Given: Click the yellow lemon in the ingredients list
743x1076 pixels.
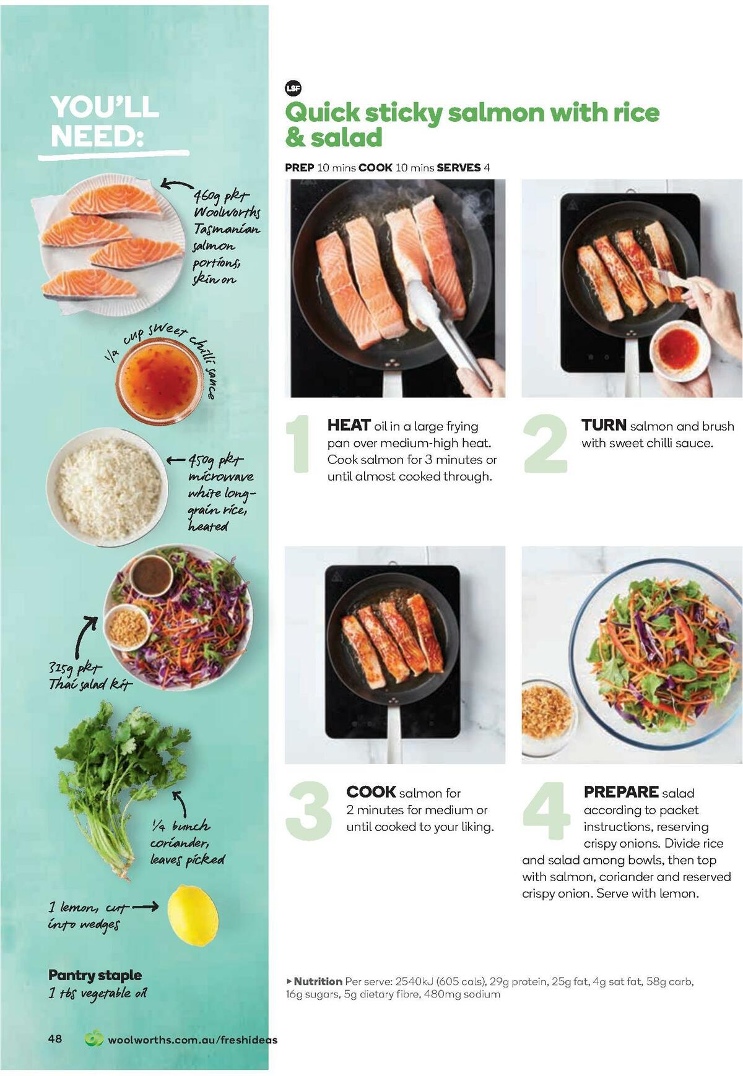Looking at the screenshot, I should [193, 915].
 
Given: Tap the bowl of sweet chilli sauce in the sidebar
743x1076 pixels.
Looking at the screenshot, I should [160, 380].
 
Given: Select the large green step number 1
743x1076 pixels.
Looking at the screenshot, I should [300, 444].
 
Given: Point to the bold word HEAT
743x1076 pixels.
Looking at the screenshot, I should [349, 425].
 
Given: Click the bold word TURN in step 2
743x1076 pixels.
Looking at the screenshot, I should [603, 425].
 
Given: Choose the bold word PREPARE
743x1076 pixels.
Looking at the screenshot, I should [620, 792].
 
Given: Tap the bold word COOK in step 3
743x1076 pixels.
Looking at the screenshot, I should [370, 792].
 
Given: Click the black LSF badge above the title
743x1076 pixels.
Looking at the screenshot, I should [293, 88].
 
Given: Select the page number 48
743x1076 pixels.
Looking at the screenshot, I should [55, 1038].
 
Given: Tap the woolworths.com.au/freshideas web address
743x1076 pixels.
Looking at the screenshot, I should [192, 1039].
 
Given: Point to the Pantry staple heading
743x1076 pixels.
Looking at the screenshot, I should [95, 975].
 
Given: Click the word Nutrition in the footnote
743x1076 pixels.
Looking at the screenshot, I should [317, 981].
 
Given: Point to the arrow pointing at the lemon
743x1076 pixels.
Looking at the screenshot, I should [145, 907].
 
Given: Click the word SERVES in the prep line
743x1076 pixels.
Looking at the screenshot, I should [458, 168].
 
